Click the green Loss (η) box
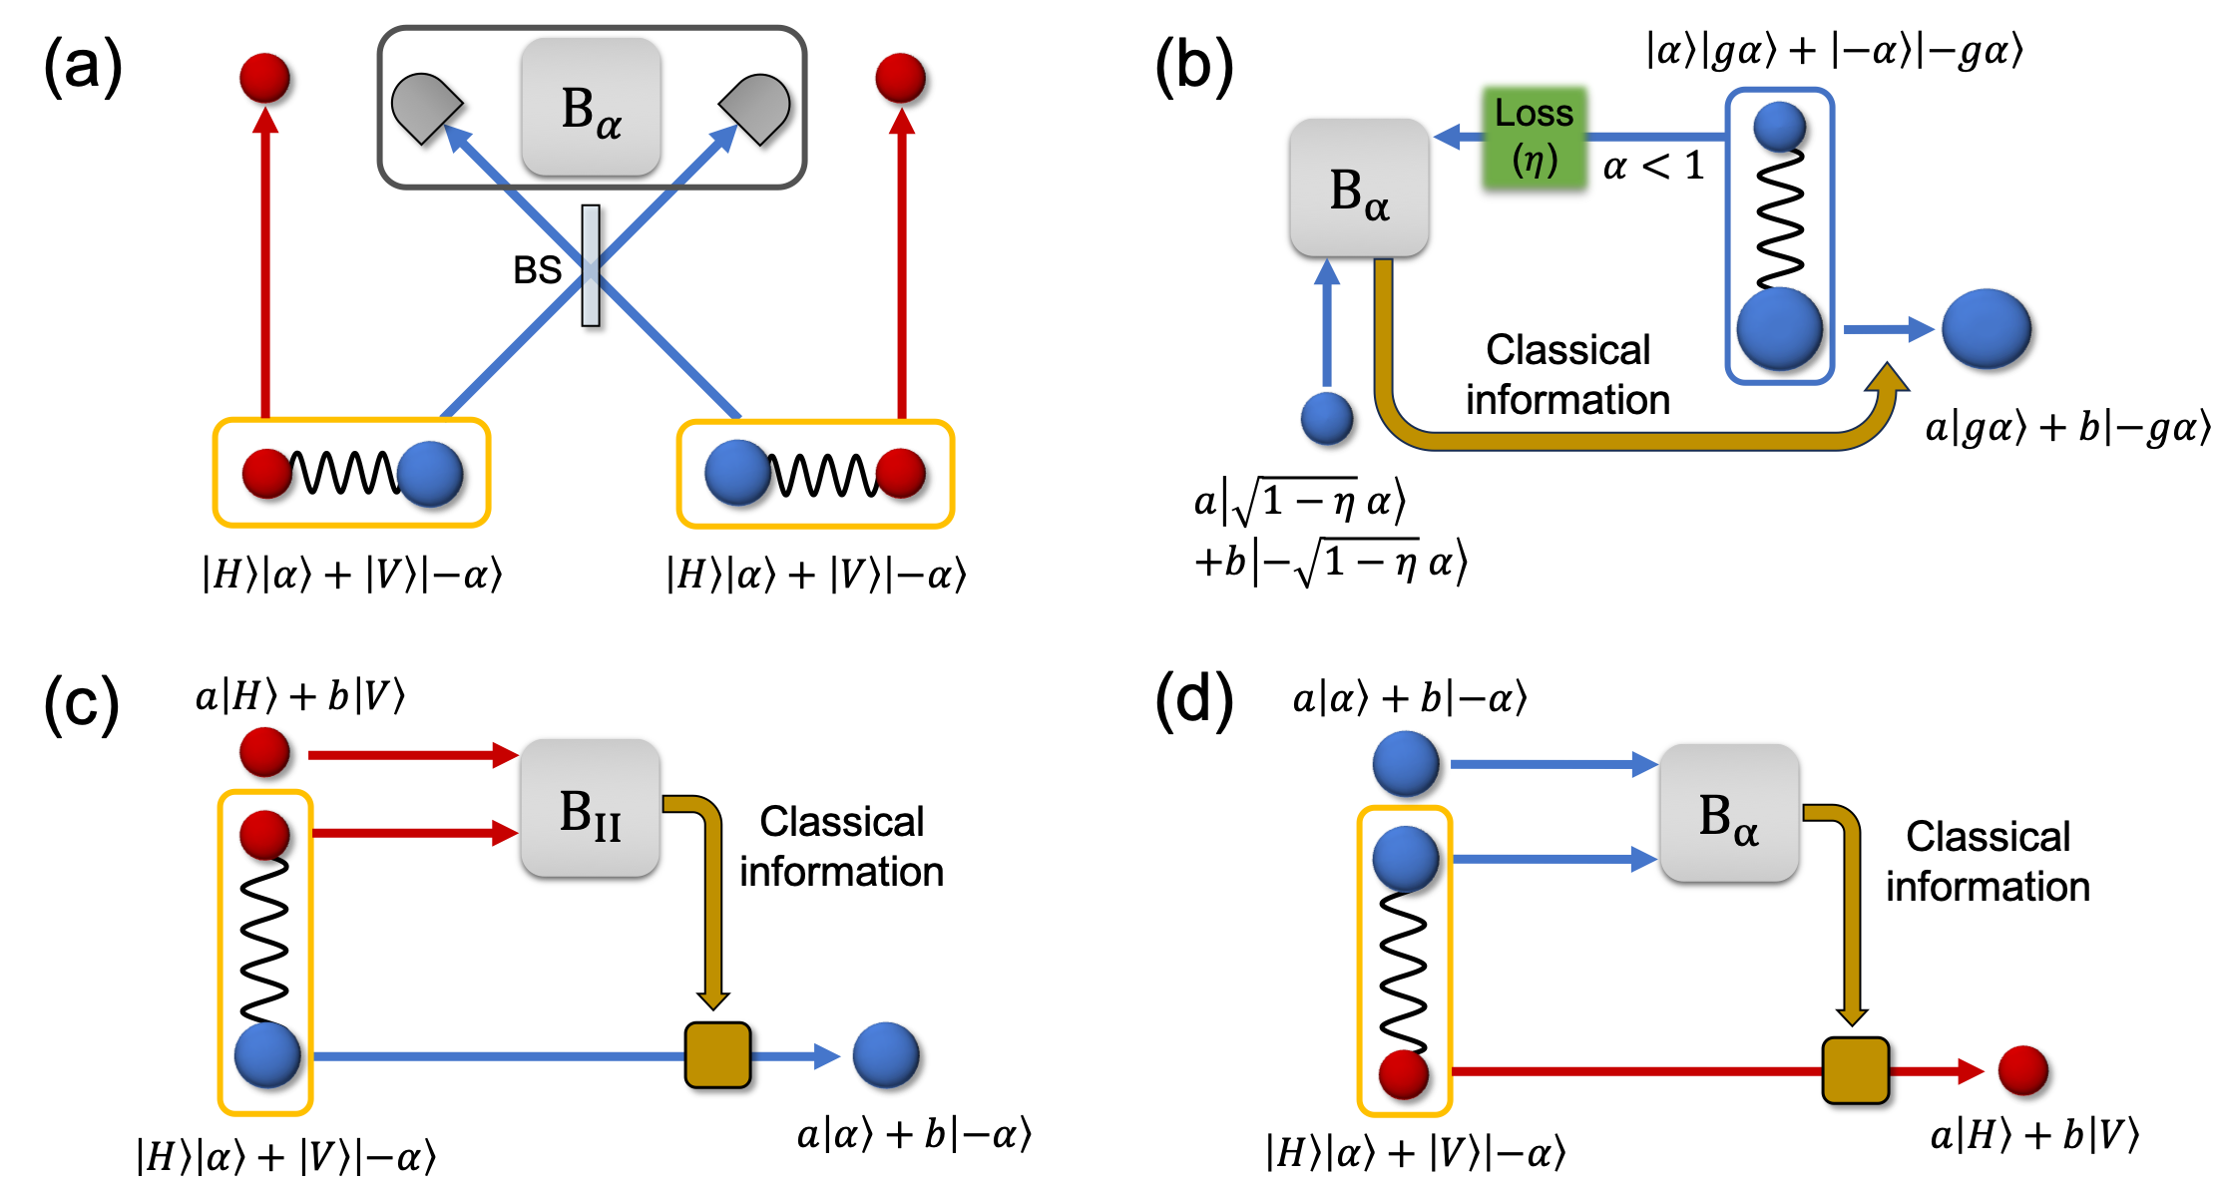(1535, 136)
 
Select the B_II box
(590, 808)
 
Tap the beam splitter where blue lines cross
(591, 266)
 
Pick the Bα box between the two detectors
(591, 108)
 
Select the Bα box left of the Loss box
(1359, 188)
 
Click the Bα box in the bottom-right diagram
(1729, 813)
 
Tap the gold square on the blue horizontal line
(717, 1055)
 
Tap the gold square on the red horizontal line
(1855, 1070)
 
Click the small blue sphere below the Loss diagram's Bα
(1326, 418)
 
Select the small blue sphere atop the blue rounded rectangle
(1779, 127)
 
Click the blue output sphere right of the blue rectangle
(1986, 329)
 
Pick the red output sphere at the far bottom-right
(2022, 1070)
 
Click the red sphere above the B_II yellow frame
(264, 752)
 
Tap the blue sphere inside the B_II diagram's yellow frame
(266, 1055)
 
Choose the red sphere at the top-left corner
(264, 78)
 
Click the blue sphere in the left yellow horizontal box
(429, 474)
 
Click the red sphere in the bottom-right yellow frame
(1403, 1074)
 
